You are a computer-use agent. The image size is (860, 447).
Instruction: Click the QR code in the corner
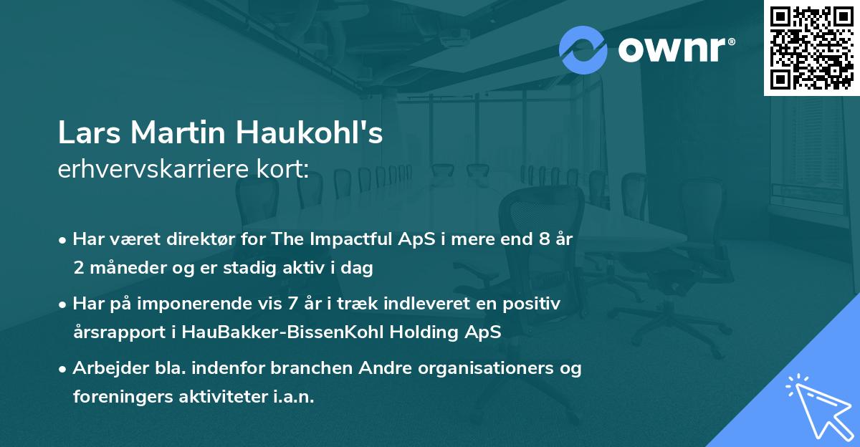pos(811,47)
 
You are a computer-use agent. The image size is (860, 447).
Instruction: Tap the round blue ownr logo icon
pos(583,49)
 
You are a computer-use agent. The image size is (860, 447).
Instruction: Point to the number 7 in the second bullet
pos(292,304)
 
